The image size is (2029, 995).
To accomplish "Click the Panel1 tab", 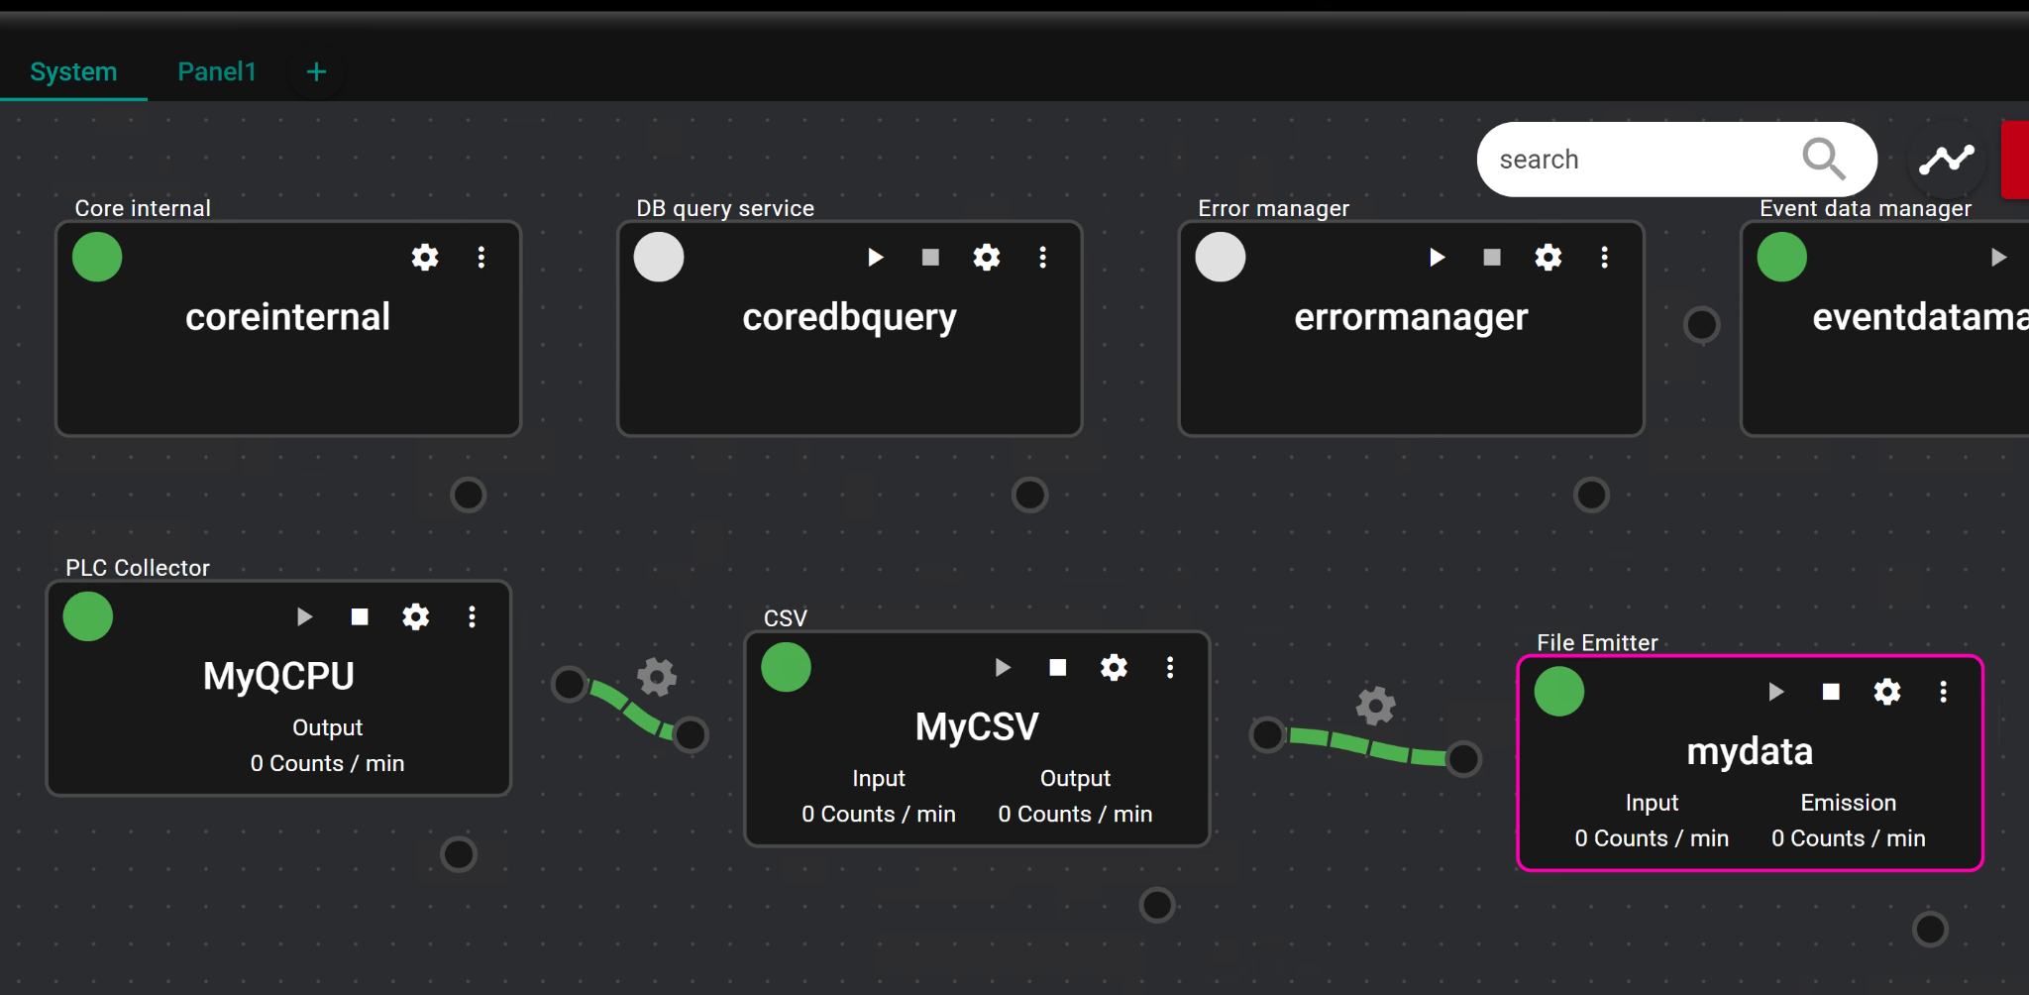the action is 217,71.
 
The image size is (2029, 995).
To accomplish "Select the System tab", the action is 73,71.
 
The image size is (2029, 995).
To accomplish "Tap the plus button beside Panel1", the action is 316,71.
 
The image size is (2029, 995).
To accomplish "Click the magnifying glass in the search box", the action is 1823,159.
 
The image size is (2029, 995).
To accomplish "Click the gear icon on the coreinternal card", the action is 425,258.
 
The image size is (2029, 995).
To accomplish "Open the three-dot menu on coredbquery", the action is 1042,258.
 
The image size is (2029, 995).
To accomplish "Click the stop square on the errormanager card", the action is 1492,258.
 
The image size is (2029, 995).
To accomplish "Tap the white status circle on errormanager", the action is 1221,258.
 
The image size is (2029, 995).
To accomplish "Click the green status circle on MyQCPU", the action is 88,616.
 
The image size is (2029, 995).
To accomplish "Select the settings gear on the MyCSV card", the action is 1114,667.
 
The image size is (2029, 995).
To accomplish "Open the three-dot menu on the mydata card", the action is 1943,692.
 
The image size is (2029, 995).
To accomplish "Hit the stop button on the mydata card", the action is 1831,692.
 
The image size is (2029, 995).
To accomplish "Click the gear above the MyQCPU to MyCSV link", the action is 656,678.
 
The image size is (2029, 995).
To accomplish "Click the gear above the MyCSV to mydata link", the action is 1375,706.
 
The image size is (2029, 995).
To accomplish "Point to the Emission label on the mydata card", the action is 1849,803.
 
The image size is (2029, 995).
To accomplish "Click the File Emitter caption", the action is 1597,642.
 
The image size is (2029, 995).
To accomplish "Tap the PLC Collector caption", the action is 138,568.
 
